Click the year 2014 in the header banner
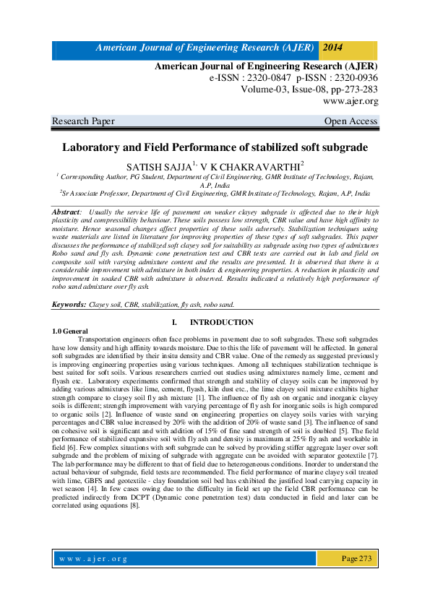(x=333, y=48)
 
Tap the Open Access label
(x=351, y=121)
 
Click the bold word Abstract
(x=66, y=211)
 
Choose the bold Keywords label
(x=69, y=305)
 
